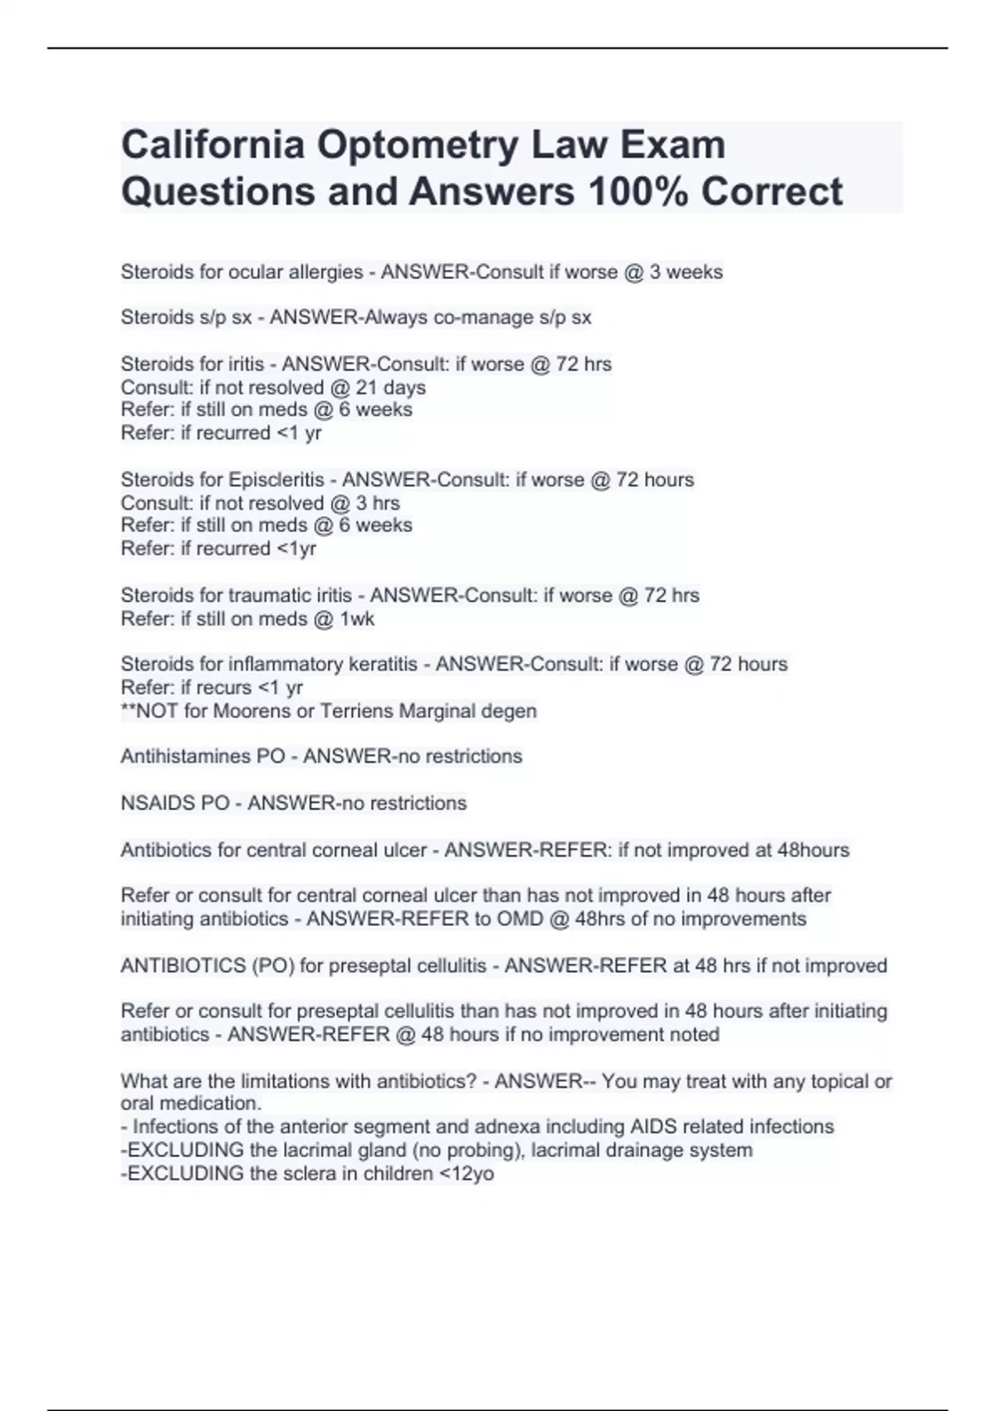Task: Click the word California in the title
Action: [212, 145]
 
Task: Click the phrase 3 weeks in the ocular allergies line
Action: [686, 272]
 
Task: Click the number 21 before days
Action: [366, 388]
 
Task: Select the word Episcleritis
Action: [276, 480]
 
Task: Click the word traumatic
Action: [270, 595]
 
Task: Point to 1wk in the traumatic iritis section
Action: [358, 618]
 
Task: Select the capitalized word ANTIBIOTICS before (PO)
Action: [183, 966]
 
